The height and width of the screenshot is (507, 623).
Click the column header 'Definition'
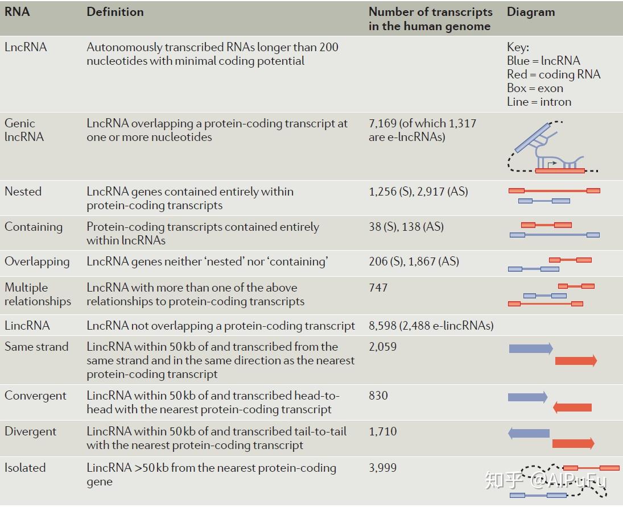click(115, 12)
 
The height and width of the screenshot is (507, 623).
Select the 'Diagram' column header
click(530, 12)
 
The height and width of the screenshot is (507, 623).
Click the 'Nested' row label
click(23, 192)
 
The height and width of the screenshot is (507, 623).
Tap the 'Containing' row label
click(34, 227)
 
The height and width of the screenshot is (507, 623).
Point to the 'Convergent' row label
click(35, 396)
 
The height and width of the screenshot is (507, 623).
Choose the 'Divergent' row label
click(31, 431)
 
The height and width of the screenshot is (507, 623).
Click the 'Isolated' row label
click(25, 468)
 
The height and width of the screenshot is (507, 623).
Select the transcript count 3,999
click(383, 468)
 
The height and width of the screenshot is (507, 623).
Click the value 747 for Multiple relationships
click(378, 288)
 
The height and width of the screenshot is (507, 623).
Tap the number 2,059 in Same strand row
click(383, 347)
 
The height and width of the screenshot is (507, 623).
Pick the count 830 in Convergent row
click(378, 396)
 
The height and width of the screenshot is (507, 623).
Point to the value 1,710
click(383, 431)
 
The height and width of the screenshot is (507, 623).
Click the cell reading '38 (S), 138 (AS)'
click(406, 227)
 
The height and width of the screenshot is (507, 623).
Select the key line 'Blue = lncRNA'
click(543, 61)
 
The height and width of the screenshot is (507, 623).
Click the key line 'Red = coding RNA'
click(554, 74)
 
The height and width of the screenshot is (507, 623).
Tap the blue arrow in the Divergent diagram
click(529, 434)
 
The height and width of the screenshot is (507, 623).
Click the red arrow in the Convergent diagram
click(572, 407)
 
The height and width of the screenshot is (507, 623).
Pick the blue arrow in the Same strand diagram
click(530, 348)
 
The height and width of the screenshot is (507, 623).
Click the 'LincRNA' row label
click(27, 326)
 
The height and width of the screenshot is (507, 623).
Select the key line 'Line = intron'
click(539, 102)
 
